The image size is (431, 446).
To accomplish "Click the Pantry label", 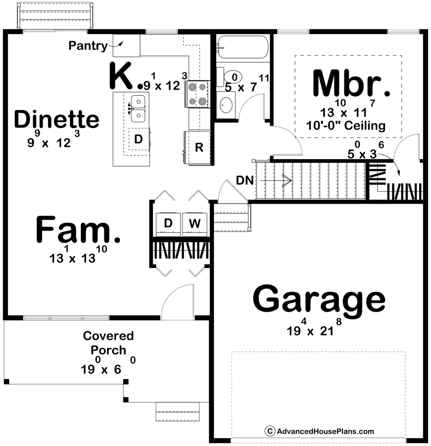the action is click(x=88, y=45).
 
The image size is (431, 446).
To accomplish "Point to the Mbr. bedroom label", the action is click(x=351, y=83).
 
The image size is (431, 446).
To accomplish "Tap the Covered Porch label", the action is click(x=109, y=343).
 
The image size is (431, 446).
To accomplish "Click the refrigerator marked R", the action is click(x=197, y=148).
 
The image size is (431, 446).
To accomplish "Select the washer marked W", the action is click(x=195, y=224).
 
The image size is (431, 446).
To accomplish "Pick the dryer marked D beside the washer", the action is click(x=168, y=224).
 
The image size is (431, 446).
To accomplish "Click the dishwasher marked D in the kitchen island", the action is click(x=139, y=139).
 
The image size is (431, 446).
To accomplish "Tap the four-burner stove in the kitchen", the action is click(x=198, y=94).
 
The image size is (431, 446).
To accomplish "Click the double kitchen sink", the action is click(x=138, y=109).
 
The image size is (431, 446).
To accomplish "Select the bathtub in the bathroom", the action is click(x=242, y=47).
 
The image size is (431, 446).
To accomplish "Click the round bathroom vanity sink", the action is click(x=226, y=105).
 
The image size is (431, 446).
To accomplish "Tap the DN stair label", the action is click(x=245, y=181).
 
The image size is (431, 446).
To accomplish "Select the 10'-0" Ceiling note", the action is click(x=346, y=125).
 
